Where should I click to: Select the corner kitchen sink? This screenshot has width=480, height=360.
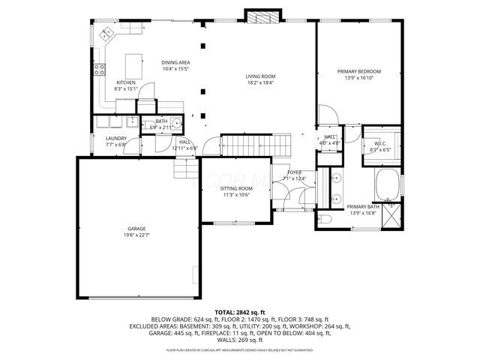106,33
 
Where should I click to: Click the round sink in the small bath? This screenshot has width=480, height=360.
178,124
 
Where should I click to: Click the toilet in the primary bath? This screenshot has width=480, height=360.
325,218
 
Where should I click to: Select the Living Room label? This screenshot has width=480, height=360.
261,76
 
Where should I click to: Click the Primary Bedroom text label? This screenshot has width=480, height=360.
358,71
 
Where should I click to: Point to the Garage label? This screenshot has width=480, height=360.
136,229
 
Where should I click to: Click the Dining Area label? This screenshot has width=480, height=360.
175,63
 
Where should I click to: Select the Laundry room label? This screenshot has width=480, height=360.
115,138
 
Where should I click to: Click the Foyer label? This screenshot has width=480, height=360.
295,172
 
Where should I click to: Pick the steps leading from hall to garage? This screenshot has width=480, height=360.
184,172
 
